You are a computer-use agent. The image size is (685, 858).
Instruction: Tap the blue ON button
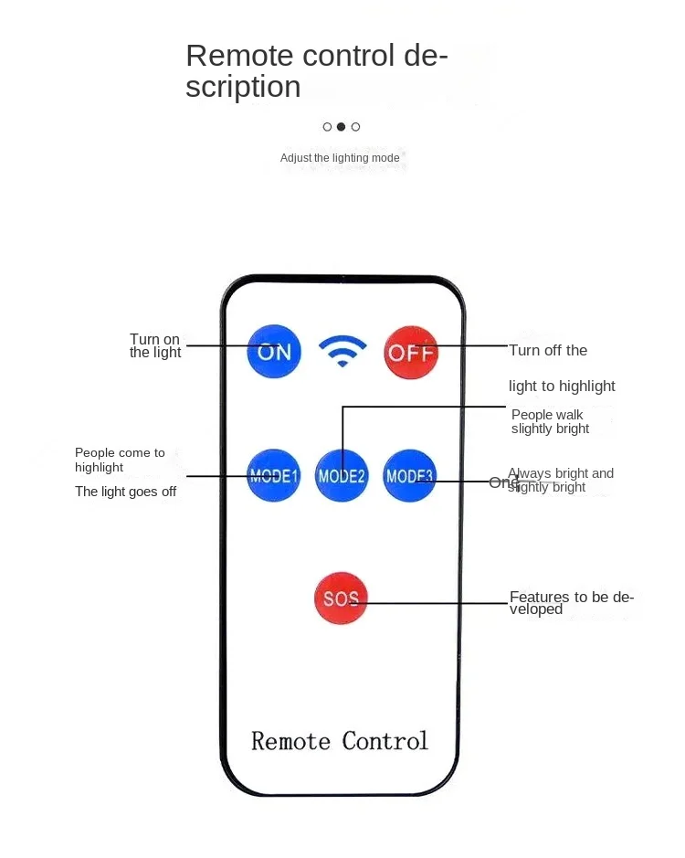click(274, 352)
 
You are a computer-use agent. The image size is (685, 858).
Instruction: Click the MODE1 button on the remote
click(274, 475)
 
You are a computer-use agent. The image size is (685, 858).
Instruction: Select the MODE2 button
click(342, 475)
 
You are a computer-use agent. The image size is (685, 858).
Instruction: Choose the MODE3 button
click(410, 475)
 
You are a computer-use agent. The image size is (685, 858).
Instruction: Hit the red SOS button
click(341, 598)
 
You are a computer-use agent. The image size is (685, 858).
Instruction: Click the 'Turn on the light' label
click(155, 346)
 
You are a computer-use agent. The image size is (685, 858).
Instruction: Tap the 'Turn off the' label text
click(548, 350)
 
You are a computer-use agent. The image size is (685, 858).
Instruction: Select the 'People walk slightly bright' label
click(550, 422)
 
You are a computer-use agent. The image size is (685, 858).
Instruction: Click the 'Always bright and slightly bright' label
click(561, 480)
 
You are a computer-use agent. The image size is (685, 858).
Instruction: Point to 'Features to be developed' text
click(571, 603)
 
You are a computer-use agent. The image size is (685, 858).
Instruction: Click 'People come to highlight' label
click(120, 460)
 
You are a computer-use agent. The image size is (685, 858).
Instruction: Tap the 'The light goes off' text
click(126, 492)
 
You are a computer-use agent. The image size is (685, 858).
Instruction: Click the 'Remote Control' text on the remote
click(340, 740)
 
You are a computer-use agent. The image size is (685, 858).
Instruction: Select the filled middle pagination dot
click(342, 127)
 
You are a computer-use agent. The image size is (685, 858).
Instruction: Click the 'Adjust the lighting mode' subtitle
click(340, 158)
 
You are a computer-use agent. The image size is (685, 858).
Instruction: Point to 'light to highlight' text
click(562, 386)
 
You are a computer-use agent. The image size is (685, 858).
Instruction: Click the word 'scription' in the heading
click(243, 87)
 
